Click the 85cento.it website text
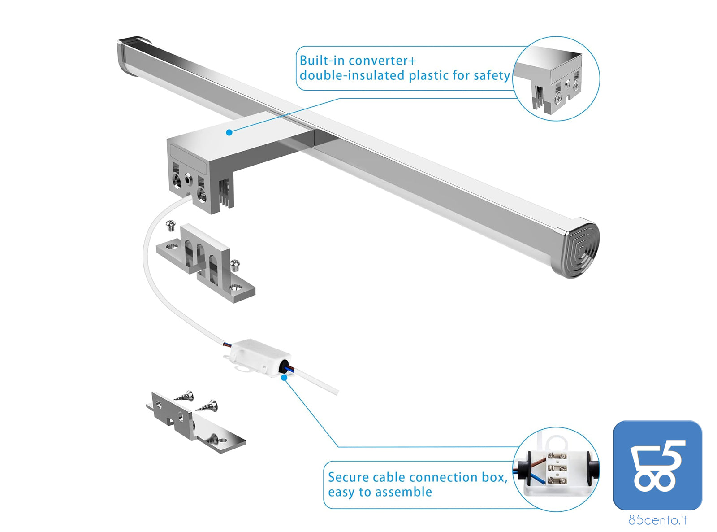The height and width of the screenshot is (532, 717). tap(657, 520)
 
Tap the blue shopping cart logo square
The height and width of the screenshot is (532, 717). tap(657, 465)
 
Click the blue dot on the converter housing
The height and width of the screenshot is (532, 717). tap(229, 132)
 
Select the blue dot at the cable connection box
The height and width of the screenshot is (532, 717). tap(284, 378)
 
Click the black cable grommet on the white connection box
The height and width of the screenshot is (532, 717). tap(283, 367)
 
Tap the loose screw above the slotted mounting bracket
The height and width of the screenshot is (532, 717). tap(170, 225)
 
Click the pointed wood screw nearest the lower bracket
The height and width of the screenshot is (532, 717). tap(208, 406)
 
